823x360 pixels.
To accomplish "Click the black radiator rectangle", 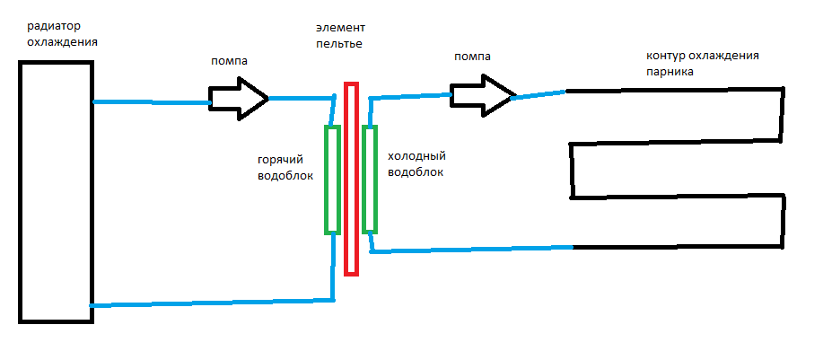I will point(55,191).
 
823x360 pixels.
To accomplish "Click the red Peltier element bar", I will point(351,179).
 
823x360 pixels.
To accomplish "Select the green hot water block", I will point(332,180).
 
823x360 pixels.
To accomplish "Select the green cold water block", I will point(370,178).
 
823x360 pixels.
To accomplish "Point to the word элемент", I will point(338,29).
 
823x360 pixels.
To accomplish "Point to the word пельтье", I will point(339,44).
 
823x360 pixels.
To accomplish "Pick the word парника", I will point(669,72).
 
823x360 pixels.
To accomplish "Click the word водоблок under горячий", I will point(285,175).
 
